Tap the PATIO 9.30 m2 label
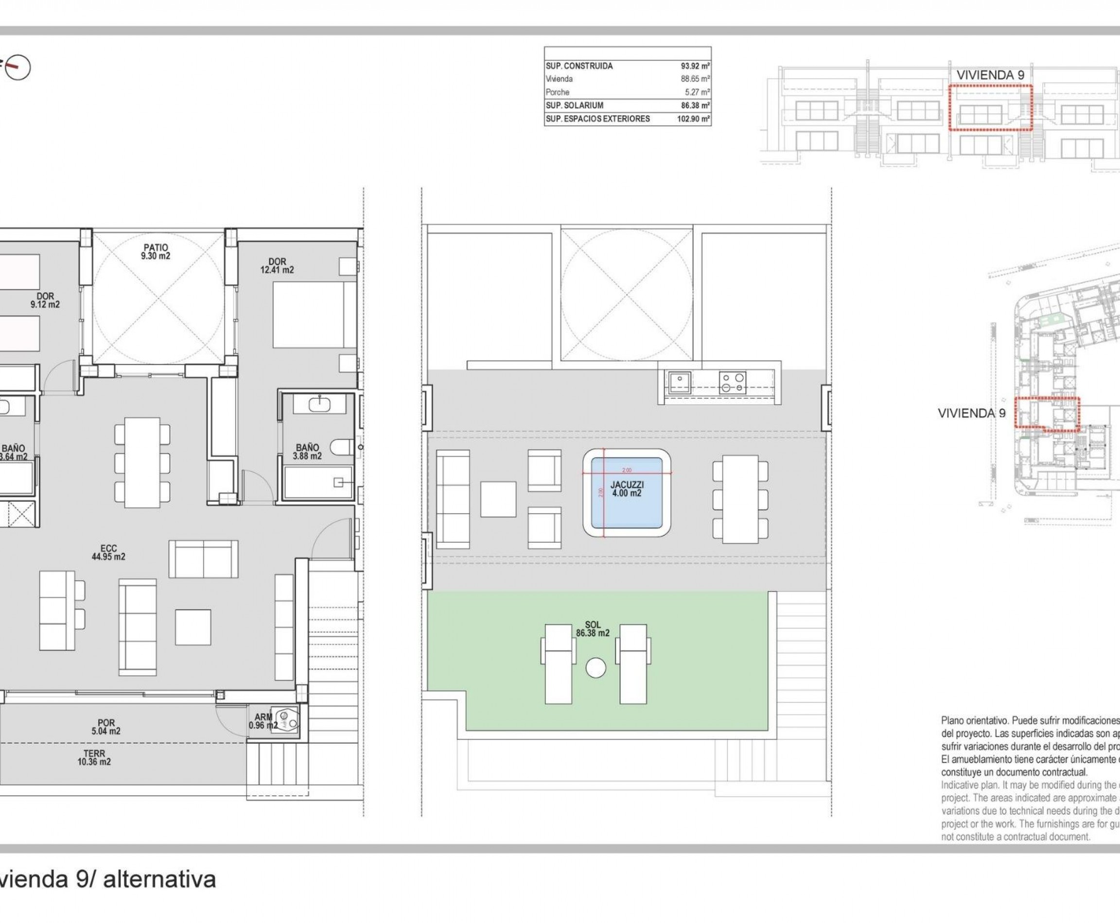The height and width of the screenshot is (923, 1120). (156, 252)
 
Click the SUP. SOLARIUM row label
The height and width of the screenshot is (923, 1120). (574, 106)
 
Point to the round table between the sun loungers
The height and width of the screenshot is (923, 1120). (595, 668)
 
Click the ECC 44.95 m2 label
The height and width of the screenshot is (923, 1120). (108, 553)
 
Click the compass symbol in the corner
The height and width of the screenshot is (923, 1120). (18, 68)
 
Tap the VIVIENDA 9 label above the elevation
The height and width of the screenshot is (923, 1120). (990, 75)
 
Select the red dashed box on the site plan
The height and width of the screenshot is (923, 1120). (1047, 413)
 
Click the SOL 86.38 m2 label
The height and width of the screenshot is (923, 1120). (592, 629)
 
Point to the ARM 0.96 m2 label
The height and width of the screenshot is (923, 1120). (263, 721)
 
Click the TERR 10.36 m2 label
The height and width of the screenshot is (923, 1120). (94, 758)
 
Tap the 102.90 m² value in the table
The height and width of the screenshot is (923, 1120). (693, 119)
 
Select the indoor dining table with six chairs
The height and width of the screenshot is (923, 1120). (142, 462)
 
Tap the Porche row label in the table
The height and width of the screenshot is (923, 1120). (557, 92)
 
